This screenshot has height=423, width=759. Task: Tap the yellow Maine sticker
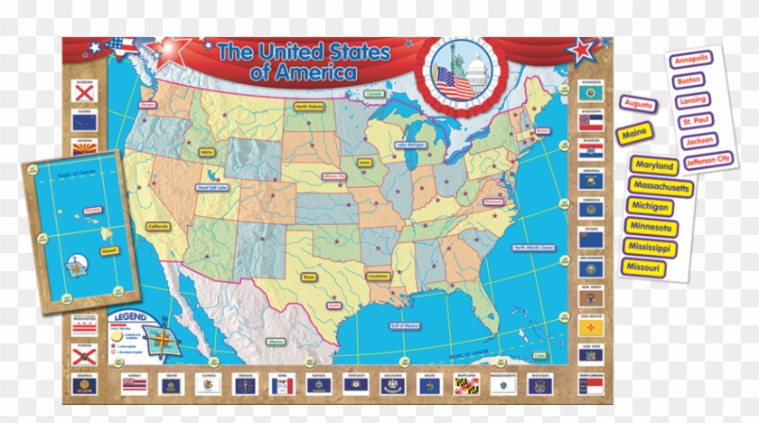(633, 135)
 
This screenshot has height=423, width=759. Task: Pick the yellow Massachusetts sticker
(661, 187)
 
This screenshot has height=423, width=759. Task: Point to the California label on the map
(158, 226)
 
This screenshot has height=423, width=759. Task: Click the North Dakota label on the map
(307, 107)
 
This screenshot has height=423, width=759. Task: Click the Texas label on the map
(309, 277)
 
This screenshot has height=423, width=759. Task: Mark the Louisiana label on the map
(378, 275)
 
